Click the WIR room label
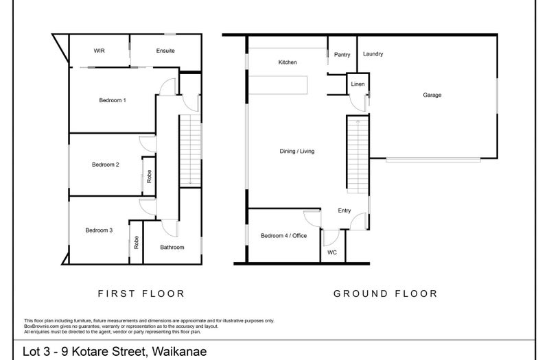(99, 51)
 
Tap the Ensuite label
(165, 51)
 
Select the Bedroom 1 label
(113, 100)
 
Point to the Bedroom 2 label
(106, 165)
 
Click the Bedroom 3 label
(99, 230)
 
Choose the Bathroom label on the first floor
(172, 248)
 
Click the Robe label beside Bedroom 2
(149, 176)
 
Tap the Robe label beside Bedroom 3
(136, 243)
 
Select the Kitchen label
(288, 62)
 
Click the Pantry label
(342, 55)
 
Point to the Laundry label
(373, 54)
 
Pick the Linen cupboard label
(358, 84)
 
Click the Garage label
(432, 95)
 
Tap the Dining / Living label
(297, 151)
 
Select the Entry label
(344, 211)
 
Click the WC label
(332, 252)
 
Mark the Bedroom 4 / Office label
(283, 236)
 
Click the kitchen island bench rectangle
(279, 85)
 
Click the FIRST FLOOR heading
(141, 293)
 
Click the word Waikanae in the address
(180, 351)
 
